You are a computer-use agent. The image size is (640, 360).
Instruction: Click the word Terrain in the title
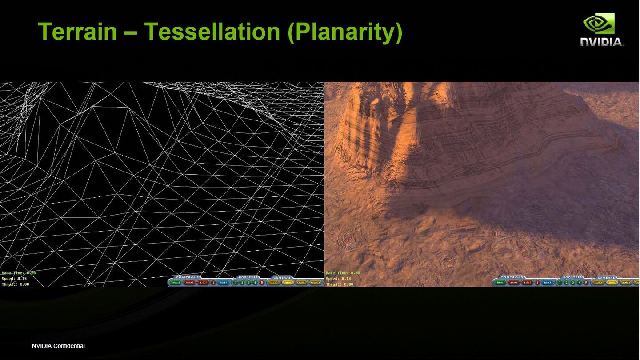[x=77, y=32]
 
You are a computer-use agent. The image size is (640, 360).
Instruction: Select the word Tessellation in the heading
[x=212, y=32]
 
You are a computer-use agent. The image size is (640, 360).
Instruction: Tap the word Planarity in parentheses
[x=345, y=32]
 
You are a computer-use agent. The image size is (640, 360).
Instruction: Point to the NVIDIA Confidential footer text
[x=58, y=346]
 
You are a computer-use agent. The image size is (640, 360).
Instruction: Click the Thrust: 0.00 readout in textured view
[x=340, y=284]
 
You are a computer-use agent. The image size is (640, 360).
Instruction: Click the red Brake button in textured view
[x=514, y=282]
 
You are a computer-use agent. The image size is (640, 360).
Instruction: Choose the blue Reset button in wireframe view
[x=224, y=282]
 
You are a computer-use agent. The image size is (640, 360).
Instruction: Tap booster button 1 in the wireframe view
[x=236, y=282]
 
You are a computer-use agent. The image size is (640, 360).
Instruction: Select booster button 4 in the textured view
[x=580, y=282]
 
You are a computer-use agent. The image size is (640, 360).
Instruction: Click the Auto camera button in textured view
[x=598, y=282]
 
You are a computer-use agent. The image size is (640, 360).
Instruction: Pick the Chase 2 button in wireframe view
[x=316, y=282]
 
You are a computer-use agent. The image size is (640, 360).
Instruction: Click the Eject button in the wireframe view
[x=203, y=282]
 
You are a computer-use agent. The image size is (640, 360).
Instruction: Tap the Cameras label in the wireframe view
[x=282, y=277]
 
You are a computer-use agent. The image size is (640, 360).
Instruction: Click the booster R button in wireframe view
[x=262, y=282]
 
